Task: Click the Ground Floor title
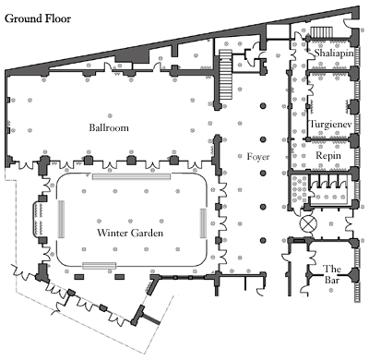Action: [38, 18]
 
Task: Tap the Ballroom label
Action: [109, 127]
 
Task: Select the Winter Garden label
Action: [130, 233]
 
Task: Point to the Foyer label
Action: [258, 157]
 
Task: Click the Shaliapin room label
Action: [334, 53]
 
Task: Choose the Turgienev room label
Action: [330, 125]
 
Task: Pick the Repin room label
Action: [328, 156]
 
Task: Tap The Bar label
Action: [332, 274]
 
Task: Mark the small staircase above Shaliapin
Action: [321, 32]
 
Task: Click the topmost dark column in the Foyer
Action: [263, 106]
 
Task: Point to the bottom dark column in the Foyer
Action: [263, 240]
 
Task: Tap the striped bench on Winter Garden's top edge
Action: [132, 176]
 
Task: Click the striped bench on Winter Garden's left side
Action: [61, 219]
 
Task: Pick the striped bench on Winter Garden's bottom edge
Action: [100, 266]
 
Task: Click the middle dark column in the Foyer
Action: [263, 174]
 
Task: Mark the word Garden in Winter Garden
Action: [147, 233]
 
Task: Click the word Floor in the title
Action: [58, 18]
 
